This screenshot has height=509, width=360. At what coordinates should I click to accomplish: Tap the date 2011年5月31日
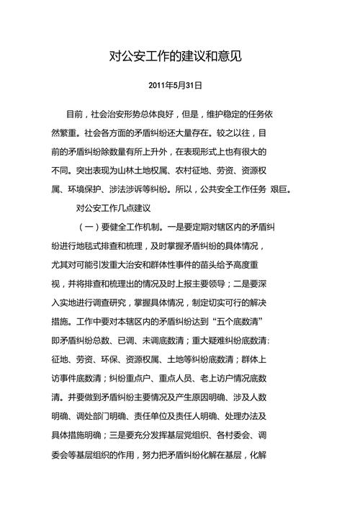click(x=175, y=85)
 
